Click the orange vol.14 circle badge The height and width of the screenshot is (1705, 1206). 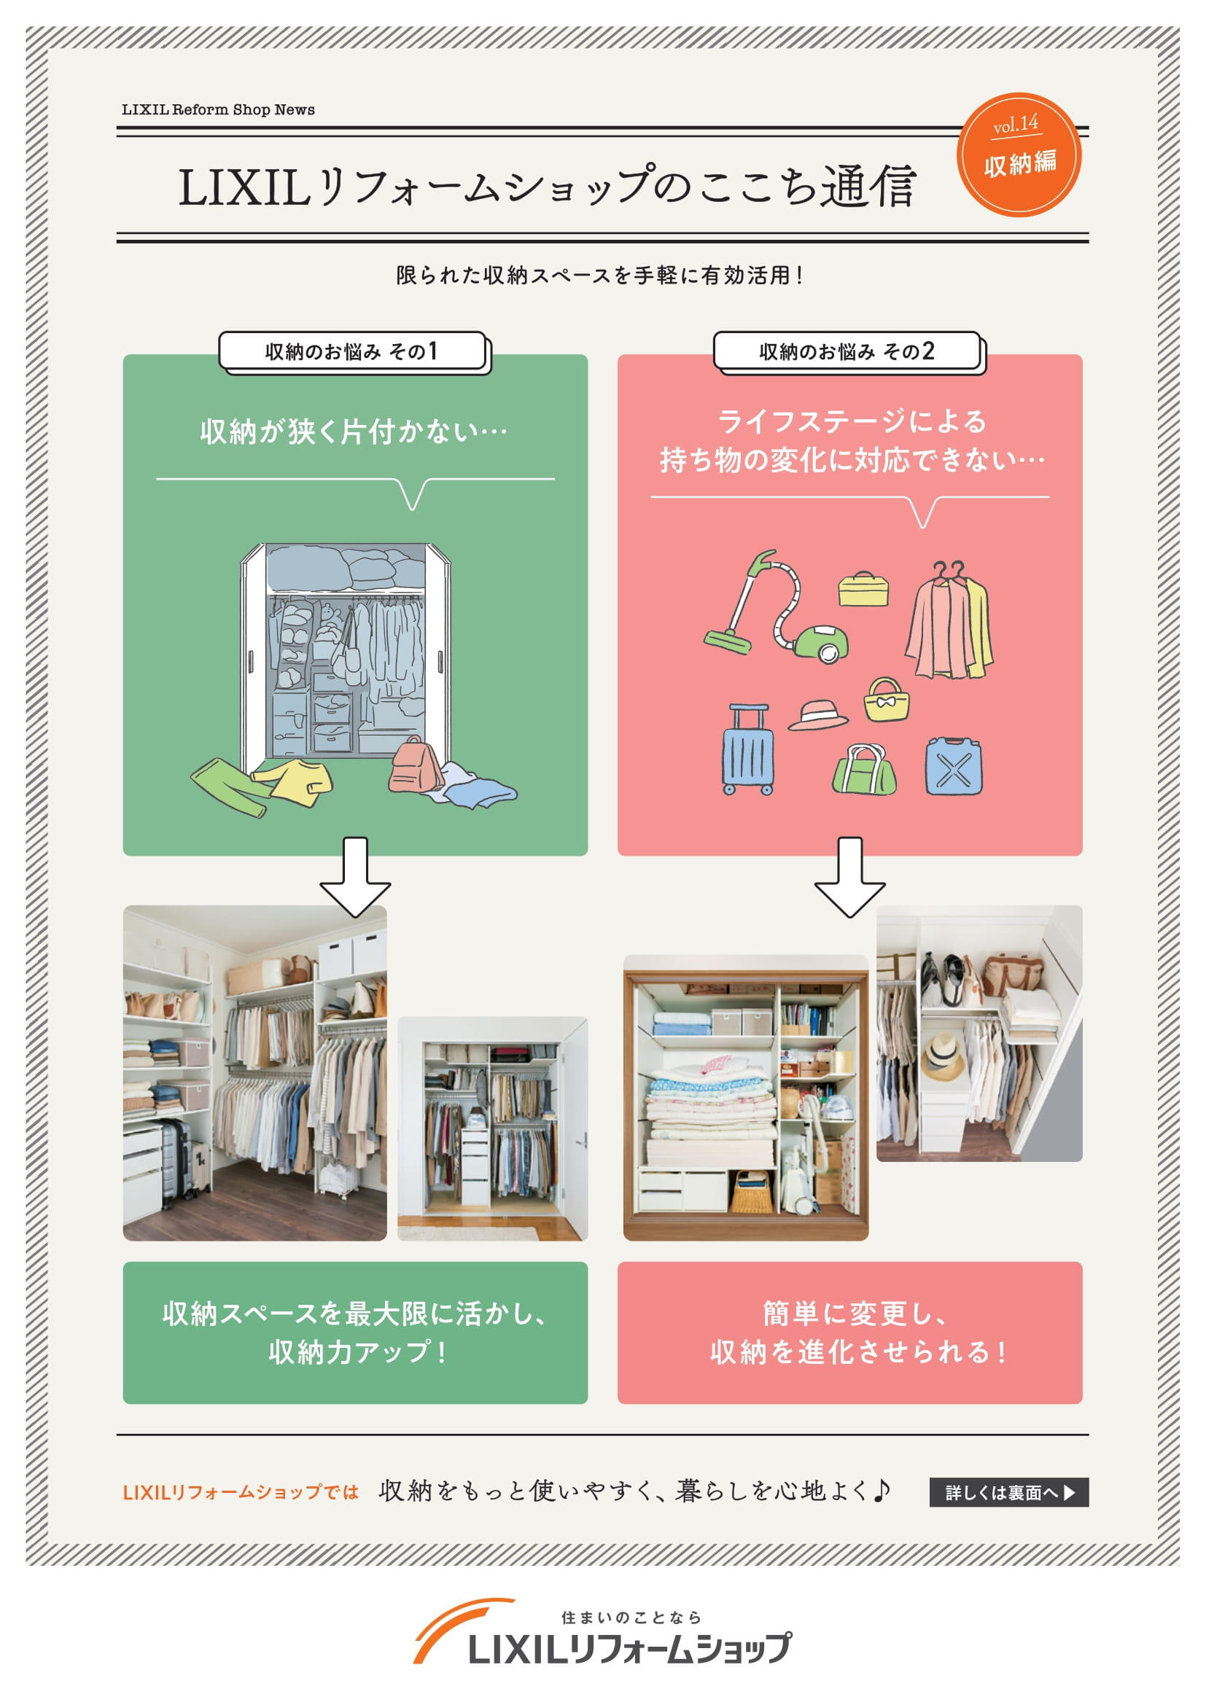(1019, 155)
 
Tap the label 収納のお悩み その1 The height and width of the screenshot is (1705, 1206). (351, 351)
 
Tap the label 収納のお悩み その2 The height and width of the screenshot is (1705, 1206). (847, 351)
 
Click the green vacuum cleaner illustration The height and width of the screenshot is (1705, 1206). (776, 606)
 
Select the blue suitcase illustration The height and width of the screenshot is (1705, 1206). (748, 750)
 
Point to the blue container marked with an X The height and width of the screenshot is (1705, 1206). (954, 766)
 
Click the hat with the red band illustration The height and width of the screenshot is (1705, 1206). (817, 714)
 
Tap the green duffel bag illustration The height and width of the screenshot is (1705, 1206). (865, 769)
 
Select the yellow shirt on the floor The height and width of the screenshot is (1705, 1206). (293, 781)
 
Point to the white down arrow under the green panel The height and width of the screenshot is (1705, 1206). (355, 877)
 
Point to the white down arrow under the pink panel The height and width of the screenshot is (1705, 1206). (849, 877)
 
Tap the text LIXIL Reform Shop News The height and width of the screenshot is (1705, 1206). (218, 109)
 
